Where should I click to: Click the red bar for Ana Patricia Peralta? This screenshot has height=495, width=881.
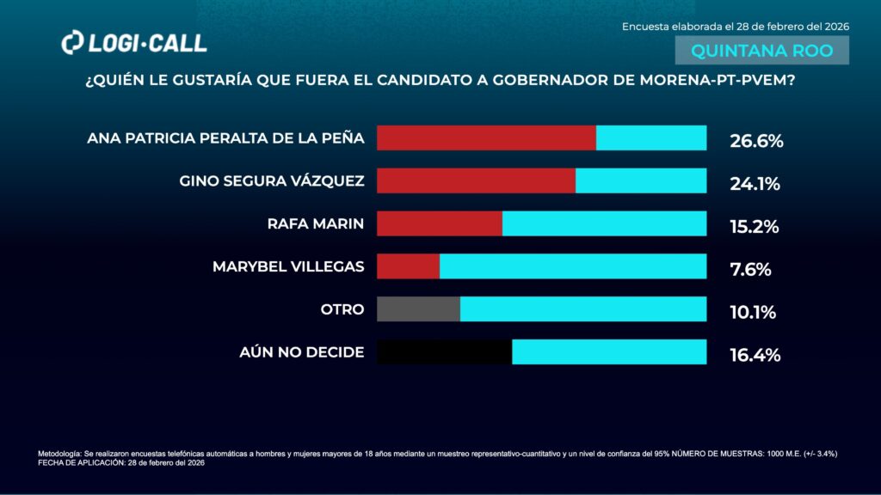click(486, 137)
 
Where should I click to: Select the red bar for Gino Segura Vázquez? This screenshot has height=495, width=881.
click(476, 180)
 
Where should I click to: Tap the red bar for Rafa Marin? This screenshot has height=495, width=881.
click(440, 223)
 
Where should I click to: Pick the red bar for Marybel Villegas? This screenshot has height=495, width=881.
click(408, 266)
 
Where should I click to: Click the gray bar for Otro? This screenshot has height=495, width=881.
click(418, 309)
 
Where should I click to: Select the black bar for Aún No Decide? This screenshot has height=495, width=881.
click(444, 352)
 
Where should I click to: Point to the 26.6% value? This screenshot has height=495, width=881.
click(756, 141)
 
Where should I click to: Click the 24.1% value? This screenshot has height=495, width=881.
click(755, 183)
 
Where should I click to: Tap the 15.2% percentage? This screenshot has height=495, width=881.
click(754, 227)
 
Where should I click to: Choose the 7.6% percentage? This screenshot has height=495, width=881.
click(750, 269)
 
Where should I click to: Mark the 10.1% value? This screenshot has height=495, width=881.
click(753, 312)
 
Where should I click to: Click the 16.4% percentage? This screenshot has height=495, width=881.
click(755, 355)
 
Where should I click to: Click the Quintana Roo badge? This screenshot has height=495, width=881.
click(762, 51)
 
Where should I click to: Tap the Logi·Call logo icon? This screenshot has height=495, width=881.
click(72, 42)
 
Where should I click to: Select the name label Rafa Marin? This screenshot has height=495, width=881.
click(316, 224)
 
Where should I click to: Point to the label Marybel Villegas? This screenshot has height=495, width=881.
click(288, 266)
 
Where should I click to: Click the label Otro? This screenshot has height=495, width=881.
click(342, 309)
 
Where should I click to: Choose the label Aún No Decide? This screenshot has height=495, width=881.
click(302, 352)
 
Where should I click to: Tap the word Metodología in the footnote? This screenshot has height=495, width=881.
click(59, 453)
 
